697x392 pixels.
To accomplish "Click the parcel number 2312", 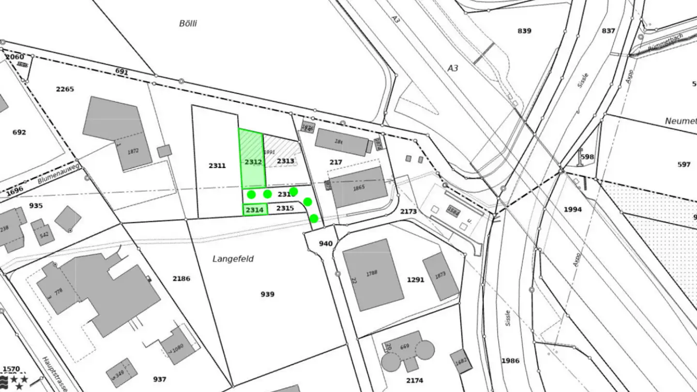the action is (253, 162).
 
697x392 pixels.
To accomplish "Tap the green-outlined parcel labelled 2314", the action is (255, 210).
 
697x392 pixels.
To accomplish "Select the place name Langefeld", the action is (233, 259).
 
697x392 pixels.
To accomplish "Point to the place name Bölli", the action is (188, 23).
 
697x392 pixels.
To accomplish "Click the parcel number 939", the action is (267, 294).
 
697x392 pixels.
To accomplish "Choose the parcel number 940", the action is (326, 243).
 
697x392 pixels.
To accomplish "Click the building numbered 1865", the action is (359, 187).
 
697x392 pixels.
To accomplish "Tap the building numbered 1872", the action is (133, 151).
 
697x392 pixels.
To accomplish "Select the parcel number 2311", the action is (217, 166).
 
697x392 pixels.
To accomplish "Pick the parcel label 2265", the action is (65, 89).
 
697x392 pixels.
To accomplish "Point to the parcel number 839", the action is (524, 31).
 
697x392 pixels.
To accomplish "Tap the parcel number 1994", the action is (573, 210).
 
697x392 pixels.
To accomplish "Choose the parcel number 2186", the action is (182, 279).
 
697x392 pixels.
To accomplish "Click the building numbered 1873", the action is (440, 276).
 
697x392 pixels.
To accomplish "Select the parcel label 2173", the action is (409, 211).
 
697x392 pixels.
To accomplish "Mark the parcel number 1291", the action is (415, 280).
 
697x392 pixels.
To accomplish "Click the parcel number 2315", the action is (285, 208).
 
